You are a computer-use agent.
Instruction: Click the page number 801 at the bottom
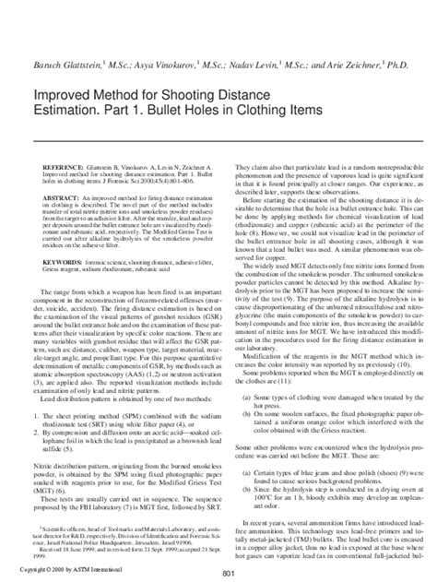pyautogui.click(x=218, y=573)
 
